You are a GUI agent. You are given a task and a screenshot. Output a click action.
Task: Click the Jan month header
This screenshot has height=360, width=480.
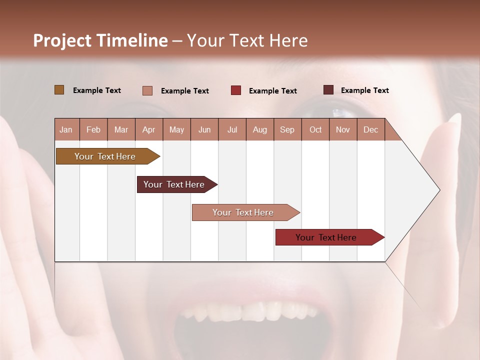(x=66, y=129)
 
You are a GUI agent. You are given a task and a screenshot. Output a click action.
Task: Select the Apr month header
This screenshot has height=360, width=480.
(x=148, y=129)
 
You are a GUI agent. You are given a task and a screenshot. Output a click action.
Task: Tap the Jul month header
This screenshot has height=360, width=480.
(x=232, y=129)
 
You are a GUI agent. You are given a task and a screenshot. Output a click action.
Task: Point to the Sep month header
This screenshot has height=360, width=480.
(x=287, y=129)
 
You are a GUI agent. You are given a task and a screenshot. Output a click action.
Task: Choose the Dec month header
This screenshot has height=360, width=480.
(x=370, y=129)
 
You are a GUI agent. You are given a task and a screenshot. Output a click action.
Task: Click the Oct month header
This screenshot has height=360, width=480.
(x=315, y=129)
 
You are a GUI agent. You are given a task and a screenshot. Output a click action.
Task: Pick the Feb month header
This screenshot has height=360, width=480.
(x=93, y=129)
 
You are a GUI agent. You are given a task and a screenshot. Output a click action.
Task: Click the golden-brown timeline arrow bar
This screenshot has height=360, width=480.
(x=105, y=156)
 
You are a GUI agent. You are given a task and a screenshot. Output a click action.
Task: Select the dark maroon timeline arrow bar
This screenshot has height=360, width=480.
(x=174, y=184)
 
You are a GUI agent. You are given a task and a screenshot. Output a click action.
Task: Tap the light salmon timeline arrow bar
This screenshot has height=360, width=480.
(x=243, y=212)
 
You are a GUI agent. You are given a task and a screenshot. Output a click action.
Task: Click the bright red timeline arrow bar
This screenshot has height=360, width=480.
(x=326, y=237)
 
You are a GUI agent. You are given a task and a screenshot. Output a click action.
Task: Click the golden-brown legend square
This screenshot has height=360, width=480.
(x=59, y=90)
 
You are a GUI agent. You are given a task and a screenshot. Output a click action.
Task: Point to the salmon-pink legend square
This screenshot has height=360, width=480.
(x=147, y=90)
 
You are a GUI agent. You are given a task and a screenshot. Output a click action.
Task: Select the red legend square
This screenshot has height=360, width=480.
(x=235, y=90)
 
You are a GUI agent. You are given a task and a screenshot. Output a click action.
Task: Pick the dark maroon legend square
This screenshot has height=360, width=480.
(x=328, y=90)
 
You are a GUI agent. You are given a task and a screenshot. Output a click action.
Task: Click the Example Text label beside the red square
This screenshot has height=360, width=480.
(x=272, y=90)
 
